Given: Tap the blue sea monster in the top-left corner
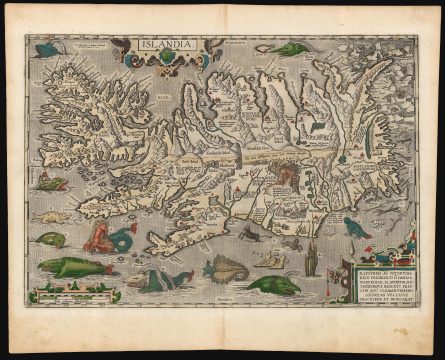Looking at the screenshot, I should pos(47,47).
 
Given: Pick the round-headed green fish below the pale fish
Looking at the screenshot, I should pos(47,239).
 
